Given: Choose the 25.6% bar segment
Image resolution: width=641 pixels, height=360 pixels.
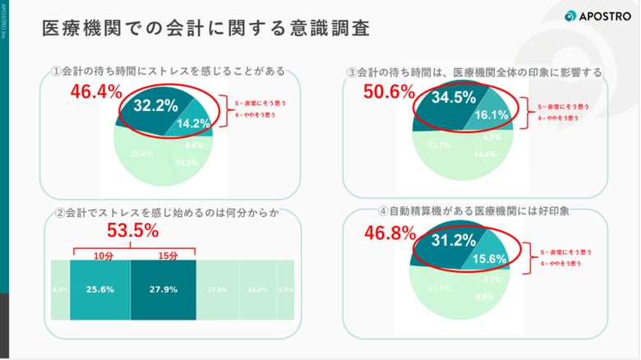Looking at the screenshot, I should [x=99, y=290].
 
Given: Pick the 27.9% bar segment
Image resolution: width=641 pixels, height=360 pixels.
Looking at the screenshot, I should [x=163, y=290].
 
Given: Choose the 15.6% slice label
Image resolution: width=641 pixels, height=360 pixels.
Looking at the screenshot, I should [x=491, y=259].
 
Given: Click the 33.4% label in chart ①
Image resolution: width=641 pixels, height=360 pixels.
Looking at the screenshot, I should [x=141, y=154].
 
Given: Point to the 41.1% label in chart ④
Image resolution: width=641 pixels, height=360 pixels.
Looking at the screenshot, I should [x=439, y=288].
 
